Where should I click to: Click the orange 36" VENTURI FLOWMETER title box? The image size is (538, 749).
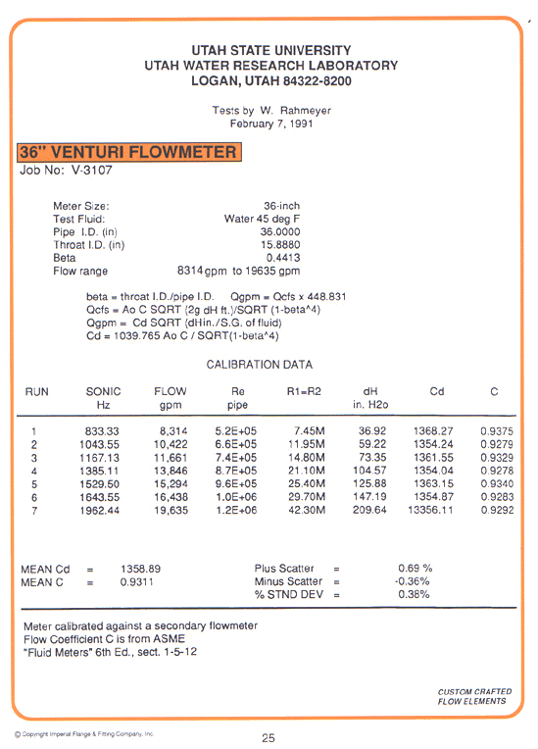click(x=129, y=152)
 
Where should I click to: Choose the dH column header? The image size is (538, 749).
click(x=370, y=392)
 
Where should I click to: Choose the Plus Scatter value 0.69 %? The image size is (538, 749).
click(x=415, y=569)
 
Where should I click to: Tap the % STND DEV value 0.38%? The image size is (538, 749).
click(x=414, y=594)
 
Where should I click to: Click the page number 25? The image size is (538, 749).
click(x=269, y=737)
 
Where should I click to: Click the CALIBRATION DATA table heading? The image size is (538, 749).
click(x=260, y=365)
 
